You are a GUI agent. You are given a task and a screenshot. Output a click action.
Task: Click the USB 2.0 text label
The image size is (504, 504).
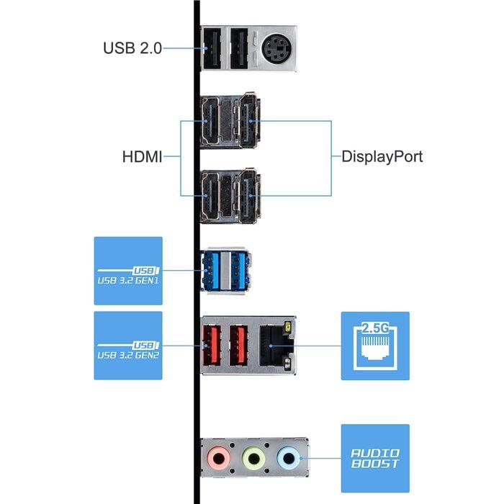point(132,48)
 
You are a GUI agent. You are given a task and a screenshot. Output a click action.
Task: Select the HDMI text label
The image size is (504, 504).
point(142,157)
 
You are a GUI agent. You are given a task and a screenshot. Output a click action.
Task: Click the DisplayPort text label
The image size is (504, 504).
point(382,156)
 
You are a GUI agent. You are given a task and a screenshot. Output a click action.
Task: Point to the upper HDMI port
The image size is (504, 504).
point(210,121)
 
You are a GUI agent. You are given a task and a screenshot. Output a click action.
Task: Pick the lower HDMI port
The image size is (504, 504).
point(210,196)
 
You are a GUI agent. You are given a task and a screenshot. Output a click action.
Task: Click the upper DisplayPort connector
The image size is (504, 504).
point(249,120)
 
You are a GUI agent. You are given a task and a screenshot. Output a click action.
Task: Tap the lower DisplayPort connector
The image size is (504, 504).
point(249,195)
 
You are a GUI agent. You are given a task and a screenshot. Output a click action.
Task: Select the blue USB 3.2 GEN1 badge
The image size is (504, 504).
point(128,271)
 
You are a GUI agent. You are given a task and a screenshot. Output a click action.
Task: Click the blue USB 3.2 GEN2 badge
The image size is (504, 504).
point(128,346)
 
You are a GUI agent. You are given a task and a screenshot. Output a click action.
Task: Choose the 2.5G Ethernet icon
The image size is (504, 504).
point(375,346)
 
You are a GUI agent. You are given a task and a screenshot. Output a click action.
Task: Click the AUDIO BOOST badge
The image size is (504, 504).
point(375,459)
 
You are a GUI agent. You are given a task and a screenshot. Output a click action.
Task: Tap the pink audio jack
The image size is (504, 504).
point(219,458)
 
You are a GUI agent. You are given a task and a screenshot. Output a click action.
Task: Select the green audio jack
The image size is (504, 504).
point(254,458)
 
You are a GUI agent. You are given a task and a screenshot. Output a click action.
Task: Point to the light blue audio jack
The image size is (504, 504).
point(289,458)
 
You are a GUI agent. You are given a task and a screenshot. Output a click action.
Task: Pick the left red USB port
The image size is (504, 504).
point(212,346)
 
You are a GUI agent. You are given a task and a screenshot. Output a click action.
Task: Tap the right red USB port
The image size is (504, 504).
point(238,346)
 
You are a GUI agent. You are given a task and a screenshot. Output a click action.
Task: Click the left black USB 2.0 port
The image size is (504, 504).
point(212,48)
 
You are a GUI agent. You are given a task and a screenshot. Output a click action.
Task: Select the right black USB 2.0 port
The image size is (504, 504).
point(239,48)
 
